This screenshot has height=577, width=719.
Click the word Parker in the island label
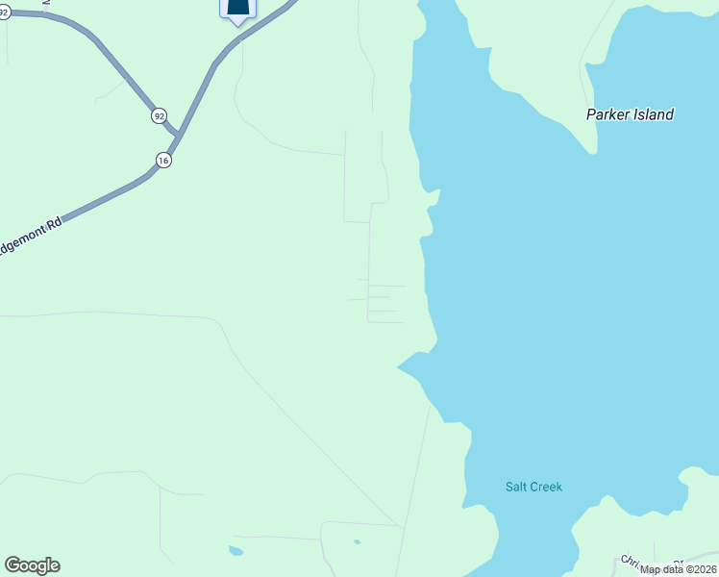[x=607, y=114]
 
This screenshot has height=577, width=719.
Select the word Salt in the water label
[x=516, y=487]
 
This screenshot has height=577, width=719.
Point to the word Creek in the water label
[x=545, y=487]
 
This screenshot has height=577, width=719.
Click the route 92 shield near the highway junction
[x=159, y=115]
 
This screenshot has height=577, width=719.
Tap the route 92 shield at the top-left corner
[x=4, y=13]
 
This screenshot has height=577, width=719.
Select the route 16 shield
[x=164, y=161]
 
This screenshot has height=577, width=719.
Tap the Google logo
[x=32, y=565]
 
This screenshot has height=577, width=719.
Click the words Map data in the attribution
[x=660, y=569]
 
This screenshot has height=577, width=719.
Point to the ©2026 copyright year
[x=700, y=569]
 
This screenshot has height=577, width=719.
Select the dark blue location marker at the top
[x=237, y=9]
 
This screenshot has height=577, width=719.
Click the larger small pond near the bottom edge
[x=236, y=551]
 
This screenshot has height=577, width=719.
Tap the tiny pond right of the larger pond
[x=357, y=542]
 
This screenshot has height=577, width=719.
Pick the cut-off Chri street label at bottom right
[x=631, y=561]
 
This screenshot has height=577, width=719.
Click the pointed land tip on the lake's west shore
[x=401, y=365]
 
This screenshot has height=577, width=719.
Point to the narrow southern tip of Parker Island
[x=592, y=149]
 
